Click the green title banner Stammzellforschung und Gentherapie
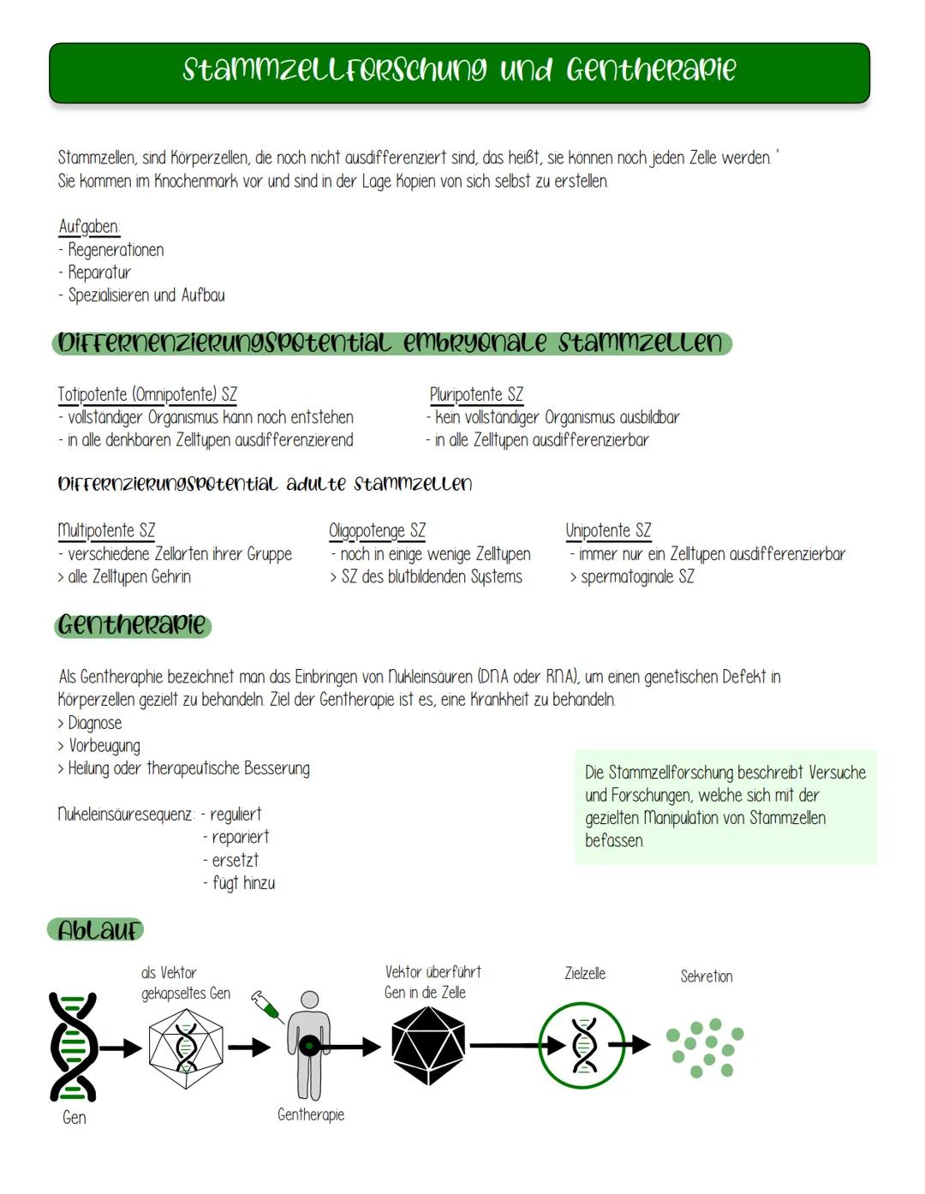pos(459,72)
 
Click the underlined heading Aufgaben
pos(89,227)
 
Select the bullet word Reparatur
pos(99,272)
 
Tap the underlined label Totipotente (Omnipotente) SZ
pos(147,395)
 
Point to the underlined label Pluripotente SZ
pos(476,395)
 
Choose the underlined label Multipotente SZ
pos(106,531)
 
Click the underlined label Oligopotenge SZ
pos(377,531)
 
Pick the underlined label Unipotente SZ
pos(608,531)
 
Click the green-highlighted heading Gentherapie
pos(133,625)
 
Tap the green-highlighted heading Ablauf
pos(96,930)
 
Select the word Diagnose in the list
pos(95,723)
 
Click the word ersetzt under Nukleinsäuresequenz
pos(235,860)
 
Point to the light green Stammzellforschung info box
pos(725,807)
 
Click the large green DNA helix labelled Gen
pos(74,1047)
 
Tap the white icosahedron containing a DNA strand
pos(185,1048)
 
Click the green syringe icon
pos(267,1006)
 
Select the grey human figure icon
pos(308,1045)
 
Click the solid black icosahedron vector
pos(427,1046)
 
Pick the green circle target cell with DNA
pos(583,1046)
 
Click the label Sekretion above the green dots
pos(707,976)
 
